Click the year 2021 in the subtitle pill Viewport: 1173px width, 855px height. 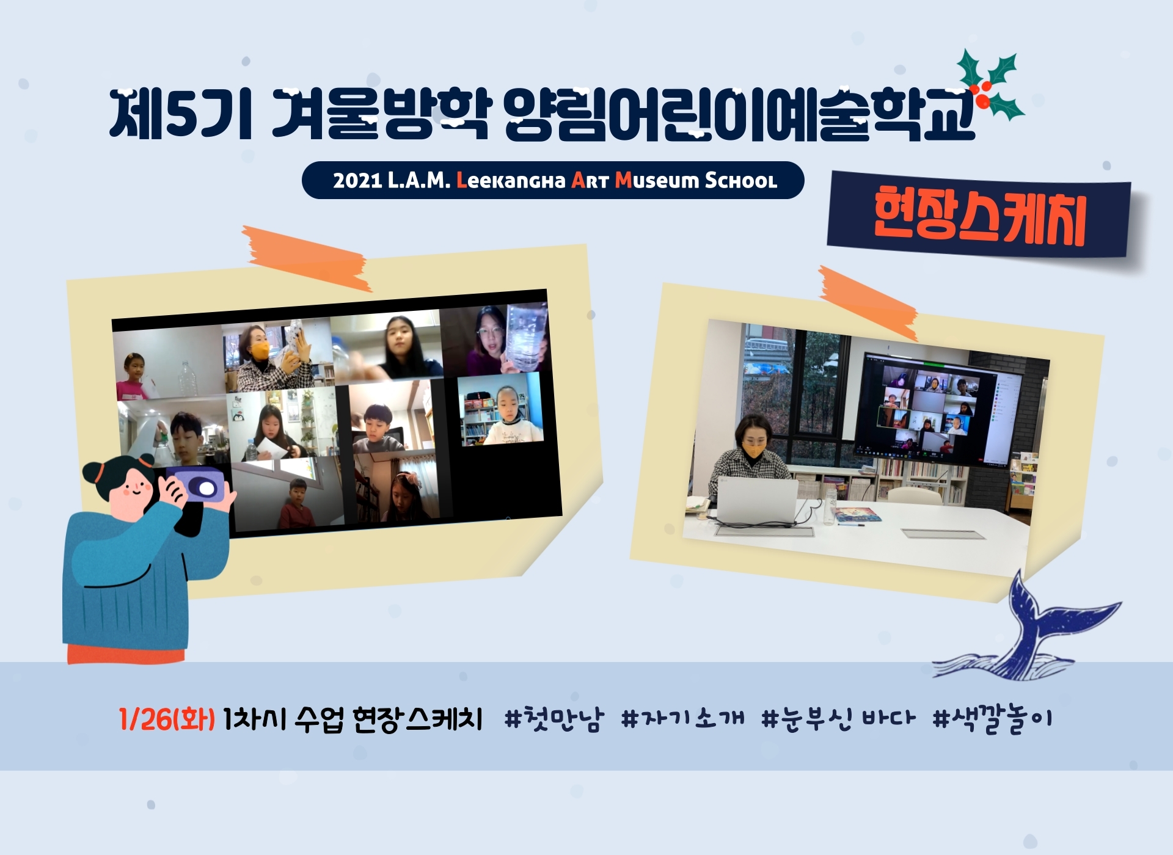[x=357, y=181]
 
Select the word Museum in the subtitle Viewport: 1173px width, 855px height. [x=657, y=180]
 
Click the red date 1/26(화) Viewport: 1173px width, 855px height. [x=167, y=719]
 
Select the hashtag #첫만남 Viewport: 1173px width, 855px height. [x=554, y=719]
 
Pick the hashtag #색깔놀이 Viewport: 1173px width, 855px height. [x=992, y=719]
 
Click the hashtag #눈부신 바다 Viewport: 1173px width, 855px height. [x=838, y=719]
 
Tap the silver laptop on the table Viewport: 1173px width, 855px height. [x=758, y=501]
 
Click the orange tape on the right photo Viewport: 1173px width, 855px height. [x=868, y=303]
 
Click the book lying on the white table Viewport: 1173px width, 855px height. [x=858, y=515]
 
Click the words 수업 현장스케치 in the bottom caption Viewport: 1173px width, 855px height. [x=389, y=719]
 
